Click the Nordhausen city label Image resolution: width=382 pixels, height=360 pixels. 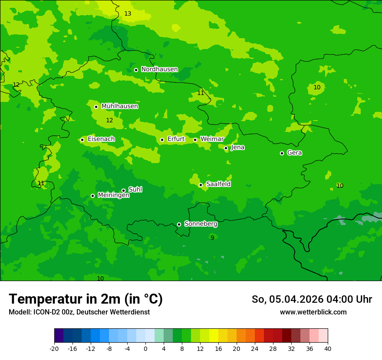[x=159, y=69]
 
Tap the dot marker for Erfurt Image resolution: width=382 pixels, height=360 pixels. [x=162, y=140]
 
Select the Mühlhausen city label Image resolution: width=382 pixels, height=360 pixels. [x=119, y=106]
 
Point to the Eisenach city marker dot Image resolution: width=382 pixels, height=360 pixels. [x=82, y=140]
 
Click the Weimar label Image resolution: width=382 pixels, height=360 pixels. [x=212, y=139]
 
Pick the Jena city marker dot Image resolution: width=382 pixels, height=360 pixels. [x=226, y=148]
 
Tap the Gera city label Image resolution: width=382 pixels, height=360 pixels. [x=294, y=153]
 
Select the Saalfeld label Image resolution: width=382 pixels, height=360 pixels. [x=218, y=184]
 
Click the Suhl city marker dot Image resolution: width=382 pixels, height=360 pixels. [x=123, y=190]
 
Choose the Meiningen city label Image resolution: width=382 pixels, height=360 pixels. [x=113, y=196]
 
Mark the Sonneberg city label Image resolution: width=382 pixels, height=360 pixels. [x=201, y=224]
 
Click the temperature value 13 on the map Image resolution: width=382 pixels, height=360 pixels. [x=128, y=14]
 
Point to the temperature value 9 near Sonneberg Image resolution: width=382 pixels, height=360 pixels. [x=212, y=238]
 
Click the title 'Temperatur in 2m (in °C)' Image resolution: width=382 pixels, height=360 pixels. [x=86, y=299]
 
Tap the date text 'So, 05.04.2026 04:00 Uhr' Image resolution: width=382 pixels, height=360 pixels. [x=312, y=299]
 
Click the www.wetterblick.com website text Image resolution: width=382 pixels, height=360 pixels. [x=313, y=312]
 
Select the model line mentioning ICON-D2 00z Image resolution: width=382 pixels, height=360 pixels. [x=79, y=312]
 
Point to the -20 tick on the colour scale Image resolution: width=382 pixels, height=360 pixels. [x=54, y=348]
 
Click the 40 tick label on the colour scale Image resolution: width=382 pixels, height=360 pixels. [x=327, y=348]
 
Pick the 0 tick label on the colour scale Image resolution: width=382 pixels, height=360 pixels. [x=145, y=348]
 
